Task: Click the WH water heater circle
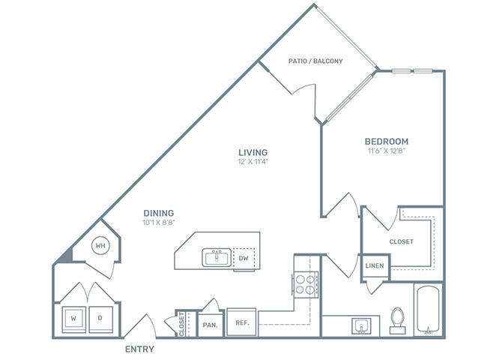point(100,244)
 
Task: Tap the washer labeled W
point(73,318)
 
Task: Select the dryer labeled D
point(100,318)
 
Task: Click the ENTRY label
point(139,349)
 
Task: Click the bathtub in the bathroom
point(428,309)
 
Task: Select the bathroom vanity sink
point(362,325)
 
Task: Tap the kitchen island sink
point(217,258)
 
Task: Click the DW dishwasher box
point(243,258)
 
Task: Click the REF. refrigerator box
point(241,322)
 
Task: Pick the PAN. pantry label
point(210,325)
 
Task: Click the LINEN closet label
point(375,266)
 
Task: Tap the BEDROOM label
point(386,140)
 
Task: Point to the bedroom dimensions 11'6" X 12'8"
point(386,151)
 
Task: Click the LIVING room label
point(252,151)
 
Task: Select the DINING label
point(159,212)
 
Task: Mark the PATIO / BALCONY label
point(315,61)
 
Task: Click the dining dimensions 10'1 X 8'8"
point(159,223)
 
